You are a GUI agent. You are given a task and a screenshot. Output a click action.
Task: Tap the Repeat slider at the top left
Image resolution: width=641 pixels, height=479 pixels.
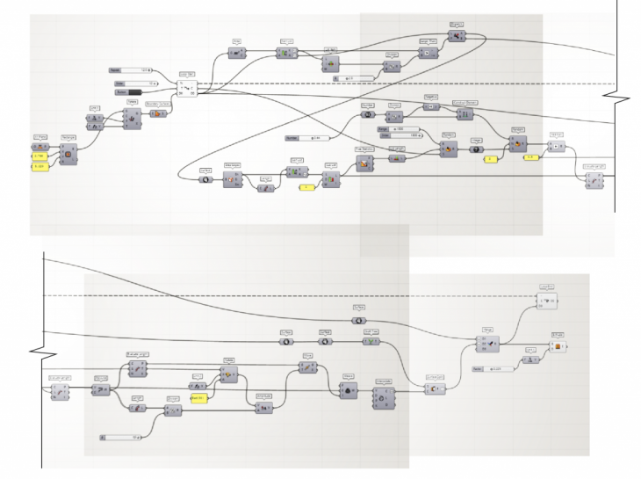130,69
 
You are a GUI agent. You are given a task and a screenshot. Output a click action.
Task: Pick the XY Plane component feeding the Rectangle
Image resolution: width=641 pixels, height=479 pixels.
40,146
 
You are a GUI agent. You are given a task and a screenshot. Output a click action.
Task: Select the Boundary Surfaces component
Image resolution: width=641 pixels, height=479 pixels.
159,112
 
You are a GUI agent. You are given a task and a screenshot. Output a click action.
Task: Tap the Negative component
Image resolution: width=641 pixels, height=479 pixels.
431,106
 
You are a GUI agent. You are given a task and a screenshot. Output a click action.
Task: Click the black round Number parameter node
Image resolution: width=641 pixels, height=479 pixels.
368,114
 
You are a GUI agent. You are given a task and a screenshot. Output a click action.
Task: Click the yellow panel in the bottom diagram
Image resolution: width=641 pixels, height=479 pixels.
200,399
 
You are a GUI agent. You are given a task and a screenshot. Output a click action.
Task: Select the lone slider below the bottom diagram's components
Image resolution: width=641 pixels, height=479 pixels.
123,436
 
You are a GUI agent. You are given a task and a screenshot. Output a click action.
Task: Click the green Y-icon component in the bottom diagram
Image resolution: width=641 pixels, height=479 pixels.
371,343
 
